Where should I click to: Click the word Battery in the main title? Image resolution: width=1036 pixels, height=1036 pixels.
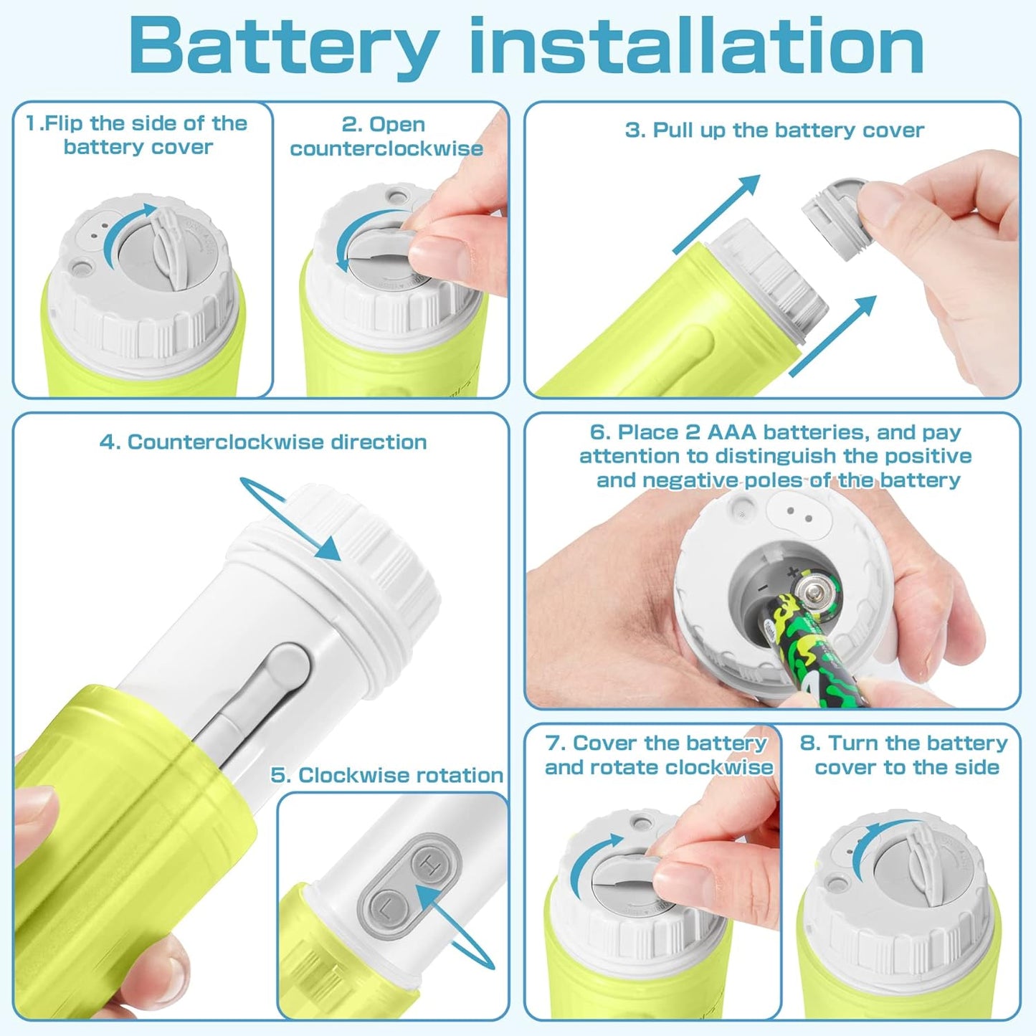point(283,46)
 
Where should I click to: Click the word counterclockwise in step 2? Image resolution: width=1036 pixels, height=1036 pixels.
point(386,148)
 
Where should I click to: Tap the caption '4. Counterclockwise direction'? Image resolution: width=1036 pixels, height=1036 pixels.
point(263,442)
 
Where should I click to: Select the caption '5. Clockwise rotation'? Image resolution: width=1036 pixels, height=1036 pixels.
point(386,775)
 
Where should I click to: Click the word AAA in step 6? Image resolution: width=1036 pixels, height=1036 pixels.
point(731,432)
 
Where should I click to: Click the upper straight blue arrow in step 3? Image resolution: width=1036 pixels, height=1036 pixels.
point(717,213)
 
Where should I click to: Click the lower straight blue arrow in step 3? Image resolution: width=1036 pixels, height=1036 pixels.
point(833,335)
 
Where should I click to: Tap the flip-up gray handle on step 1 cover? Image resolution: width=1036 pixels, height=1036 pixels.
point(168,247)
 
